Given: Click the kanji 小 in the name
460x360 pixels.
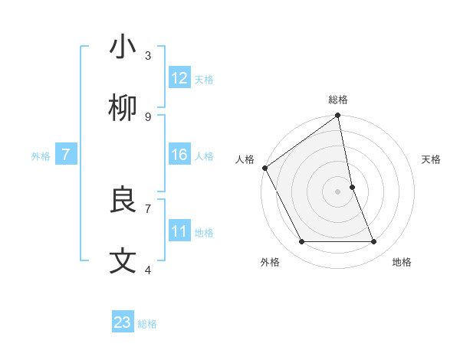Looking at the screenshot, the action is click(123, 47).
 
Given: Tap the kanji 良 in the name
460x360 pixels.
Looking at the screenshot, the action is click(123, 200).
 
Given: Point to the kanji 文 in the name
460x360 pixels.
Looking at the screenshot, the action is click(123, 261).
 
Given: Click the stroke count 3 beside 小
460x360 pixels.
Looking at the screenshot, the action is click(148, 55).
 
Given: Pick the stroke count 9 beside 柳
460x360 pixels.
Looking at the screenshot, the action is click(148, 116).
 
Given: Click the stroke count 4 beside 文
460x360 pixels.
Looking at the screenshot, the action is click(148, 270).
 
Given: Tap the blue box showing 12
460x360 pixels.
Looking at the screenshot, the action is click(179, 78).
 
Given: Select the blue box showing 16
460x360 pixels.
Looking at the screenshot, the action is click(179, 155).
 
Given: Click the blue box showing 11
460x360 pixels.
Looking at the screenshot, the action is click(179, 231).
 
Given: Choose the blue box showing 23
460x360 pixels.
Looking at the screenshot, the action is click(123, 322).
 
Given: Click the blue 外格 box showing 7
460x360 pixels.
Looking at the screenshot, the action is click(66, 155).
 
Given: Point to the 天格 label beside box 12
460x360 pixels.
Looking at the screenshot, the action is click(204, 79).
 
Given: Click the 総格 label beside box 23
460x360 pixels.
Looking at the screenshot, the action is click(147, 323).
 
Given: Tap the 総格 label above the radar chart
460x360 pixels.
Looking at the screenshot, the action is click(338, 100).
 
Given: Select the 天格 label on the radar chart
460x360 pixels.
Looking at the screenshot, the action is click(432, 159).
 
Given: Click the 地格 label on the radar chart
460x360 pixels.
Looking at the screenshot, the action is click(402, 262).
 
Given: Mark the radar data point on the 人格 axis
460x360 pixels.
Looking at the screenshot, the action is click(264, 168).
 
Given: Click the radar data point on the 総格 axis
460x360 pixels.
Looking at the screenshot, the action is click(338, 116).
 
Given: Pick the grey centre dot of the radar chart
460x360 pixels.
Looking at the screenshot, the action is click(338, 191).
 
